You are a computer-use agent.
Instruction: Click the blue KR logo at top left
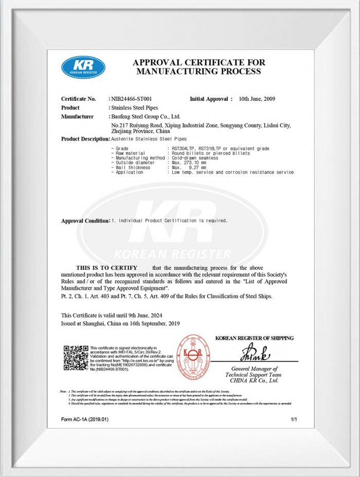point(83,67)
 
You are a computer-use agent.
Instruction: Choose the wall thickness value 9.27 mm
point(196,168)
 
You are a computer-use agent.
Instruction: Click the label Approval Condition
point(85,221)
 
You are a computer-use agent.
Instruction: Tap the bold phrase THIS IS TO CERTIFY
point(106,268)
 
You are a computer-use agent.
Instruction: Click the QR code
point(76,358)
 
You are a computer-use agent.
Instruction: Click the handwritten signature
point(253,355)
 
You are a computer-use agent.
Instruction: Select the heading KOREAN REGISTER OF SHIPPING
point(254,338)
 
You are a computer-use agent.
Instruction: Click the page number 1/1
point(294,420)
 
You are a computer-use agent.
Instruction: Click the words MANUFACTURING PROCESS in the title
point(199,72)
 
